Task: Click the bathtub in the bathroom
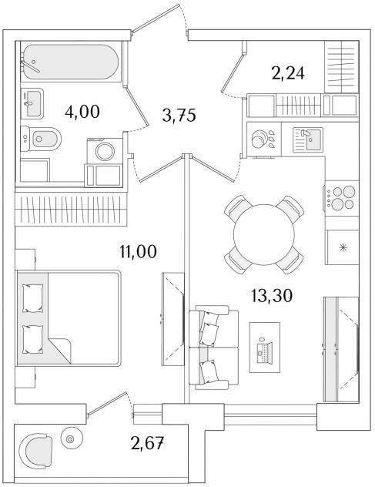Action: tap(71, 62)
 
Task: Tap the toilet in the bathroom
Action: tap(41, 139)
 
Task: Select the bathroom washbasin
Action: tap(32, 104)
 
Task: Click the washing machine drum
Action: tap(105, 151)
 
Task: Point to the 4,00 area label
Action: tap(82, 112)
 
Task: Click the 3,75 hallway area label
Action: tap(179, 116)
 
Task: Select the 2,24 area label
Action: tap(288, 74)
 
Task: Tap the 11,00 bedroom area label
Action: tap(138, 251)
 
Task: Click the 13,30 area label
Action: tap(272, 296)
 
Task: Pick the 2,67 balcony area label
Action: tap(147, 443)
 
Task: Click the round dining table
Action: tap(264, 234)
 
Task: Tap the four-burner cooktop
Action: tap(342, 198)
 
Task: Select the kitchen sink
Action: tap(308, 140)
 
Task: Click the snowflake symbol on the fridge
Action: tap(343, 247)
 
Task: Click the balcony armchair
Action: tap(35, 451)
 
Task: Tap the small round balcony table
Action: tap(72, 438)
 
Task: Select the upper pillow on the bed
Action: tap(32, 298)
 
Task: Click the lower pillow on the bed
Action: tap(32, 339)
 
